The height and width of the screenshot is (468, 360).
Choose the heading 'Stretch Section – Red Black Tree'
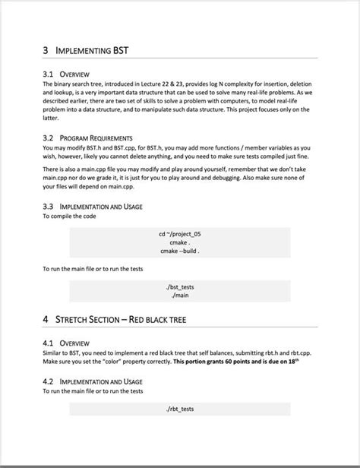tap(122, 320)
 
